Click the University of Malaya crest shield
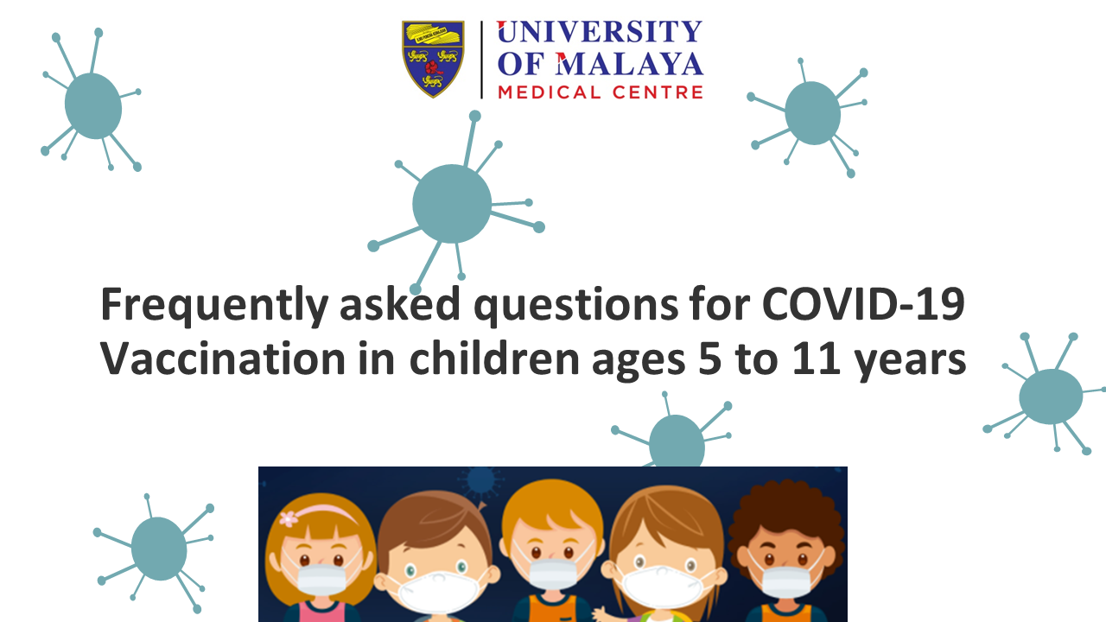click(433, 59)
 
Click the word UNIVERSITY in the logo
click(600, 32)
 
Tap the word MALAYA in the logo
click(630, 64)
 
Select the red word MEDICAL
click(549, 92)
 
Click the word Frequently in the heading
click(214, 306)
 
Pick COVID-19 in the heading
click(863, 304)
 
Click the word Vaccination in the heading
click(223, 359)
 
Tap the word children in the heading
click(494, 358)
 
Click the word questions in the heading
click(575, 306)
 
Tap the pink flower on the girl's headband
click(289, 518)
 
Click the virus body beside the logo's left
click(92, 105)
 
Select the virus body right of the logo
click(812, 113)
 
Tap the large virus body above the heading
click(452, 203)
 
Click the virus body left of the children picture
click(159, 549)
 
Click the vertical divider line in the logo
click(481, 60)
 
